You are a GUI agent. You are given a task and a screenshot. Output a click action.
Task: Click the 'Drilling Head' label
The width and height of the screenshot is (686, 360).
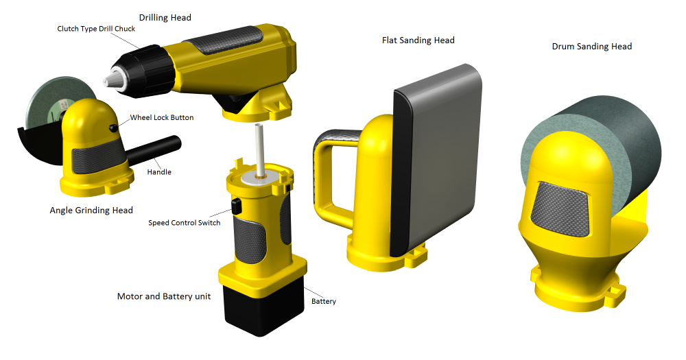165,18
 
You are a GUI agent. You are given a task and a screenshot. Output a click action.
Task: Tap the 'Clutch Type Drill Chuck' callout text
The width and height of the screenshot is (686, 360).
96,29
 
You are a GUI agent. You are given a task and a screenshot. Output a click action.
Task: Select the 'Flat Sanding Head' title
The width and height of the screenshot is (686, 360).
418,40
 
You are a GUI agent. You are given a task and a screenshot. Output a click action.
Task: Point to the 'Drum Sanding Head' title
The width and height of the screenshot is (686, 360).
592,47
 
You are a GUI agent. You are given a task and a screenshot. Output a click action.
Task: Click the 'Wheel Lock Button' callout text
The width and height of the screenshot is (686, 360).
162,117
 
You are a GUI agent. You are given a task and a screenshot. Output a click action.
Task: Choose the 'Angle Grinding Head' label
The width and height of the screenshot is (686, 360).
91,211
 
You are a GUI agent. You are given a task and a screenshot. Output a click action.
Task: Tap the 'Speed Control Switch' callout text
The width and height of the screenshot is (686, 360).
184,223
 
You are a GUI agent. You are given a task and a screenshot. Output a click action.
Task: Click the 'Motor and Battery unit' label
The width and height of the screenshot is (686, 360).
164,297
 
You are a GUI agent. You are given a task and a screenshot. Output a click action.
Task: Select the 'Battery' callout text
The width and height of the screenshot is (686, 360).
324,302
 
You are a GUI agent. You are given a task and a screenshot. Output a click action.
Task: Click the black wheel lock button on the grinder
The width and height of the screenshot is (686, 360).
113,128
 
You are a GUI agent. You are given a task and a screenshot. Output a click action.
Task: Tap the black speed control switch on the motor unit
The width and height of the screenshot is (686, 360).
236,206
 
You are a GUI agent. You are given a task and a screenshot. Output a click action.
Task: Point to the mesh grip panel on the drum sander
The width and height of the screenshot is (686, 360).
559,210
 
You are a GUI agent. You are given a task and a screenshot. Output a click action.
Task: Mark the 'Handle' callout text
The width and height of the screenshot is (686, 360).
159,172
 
